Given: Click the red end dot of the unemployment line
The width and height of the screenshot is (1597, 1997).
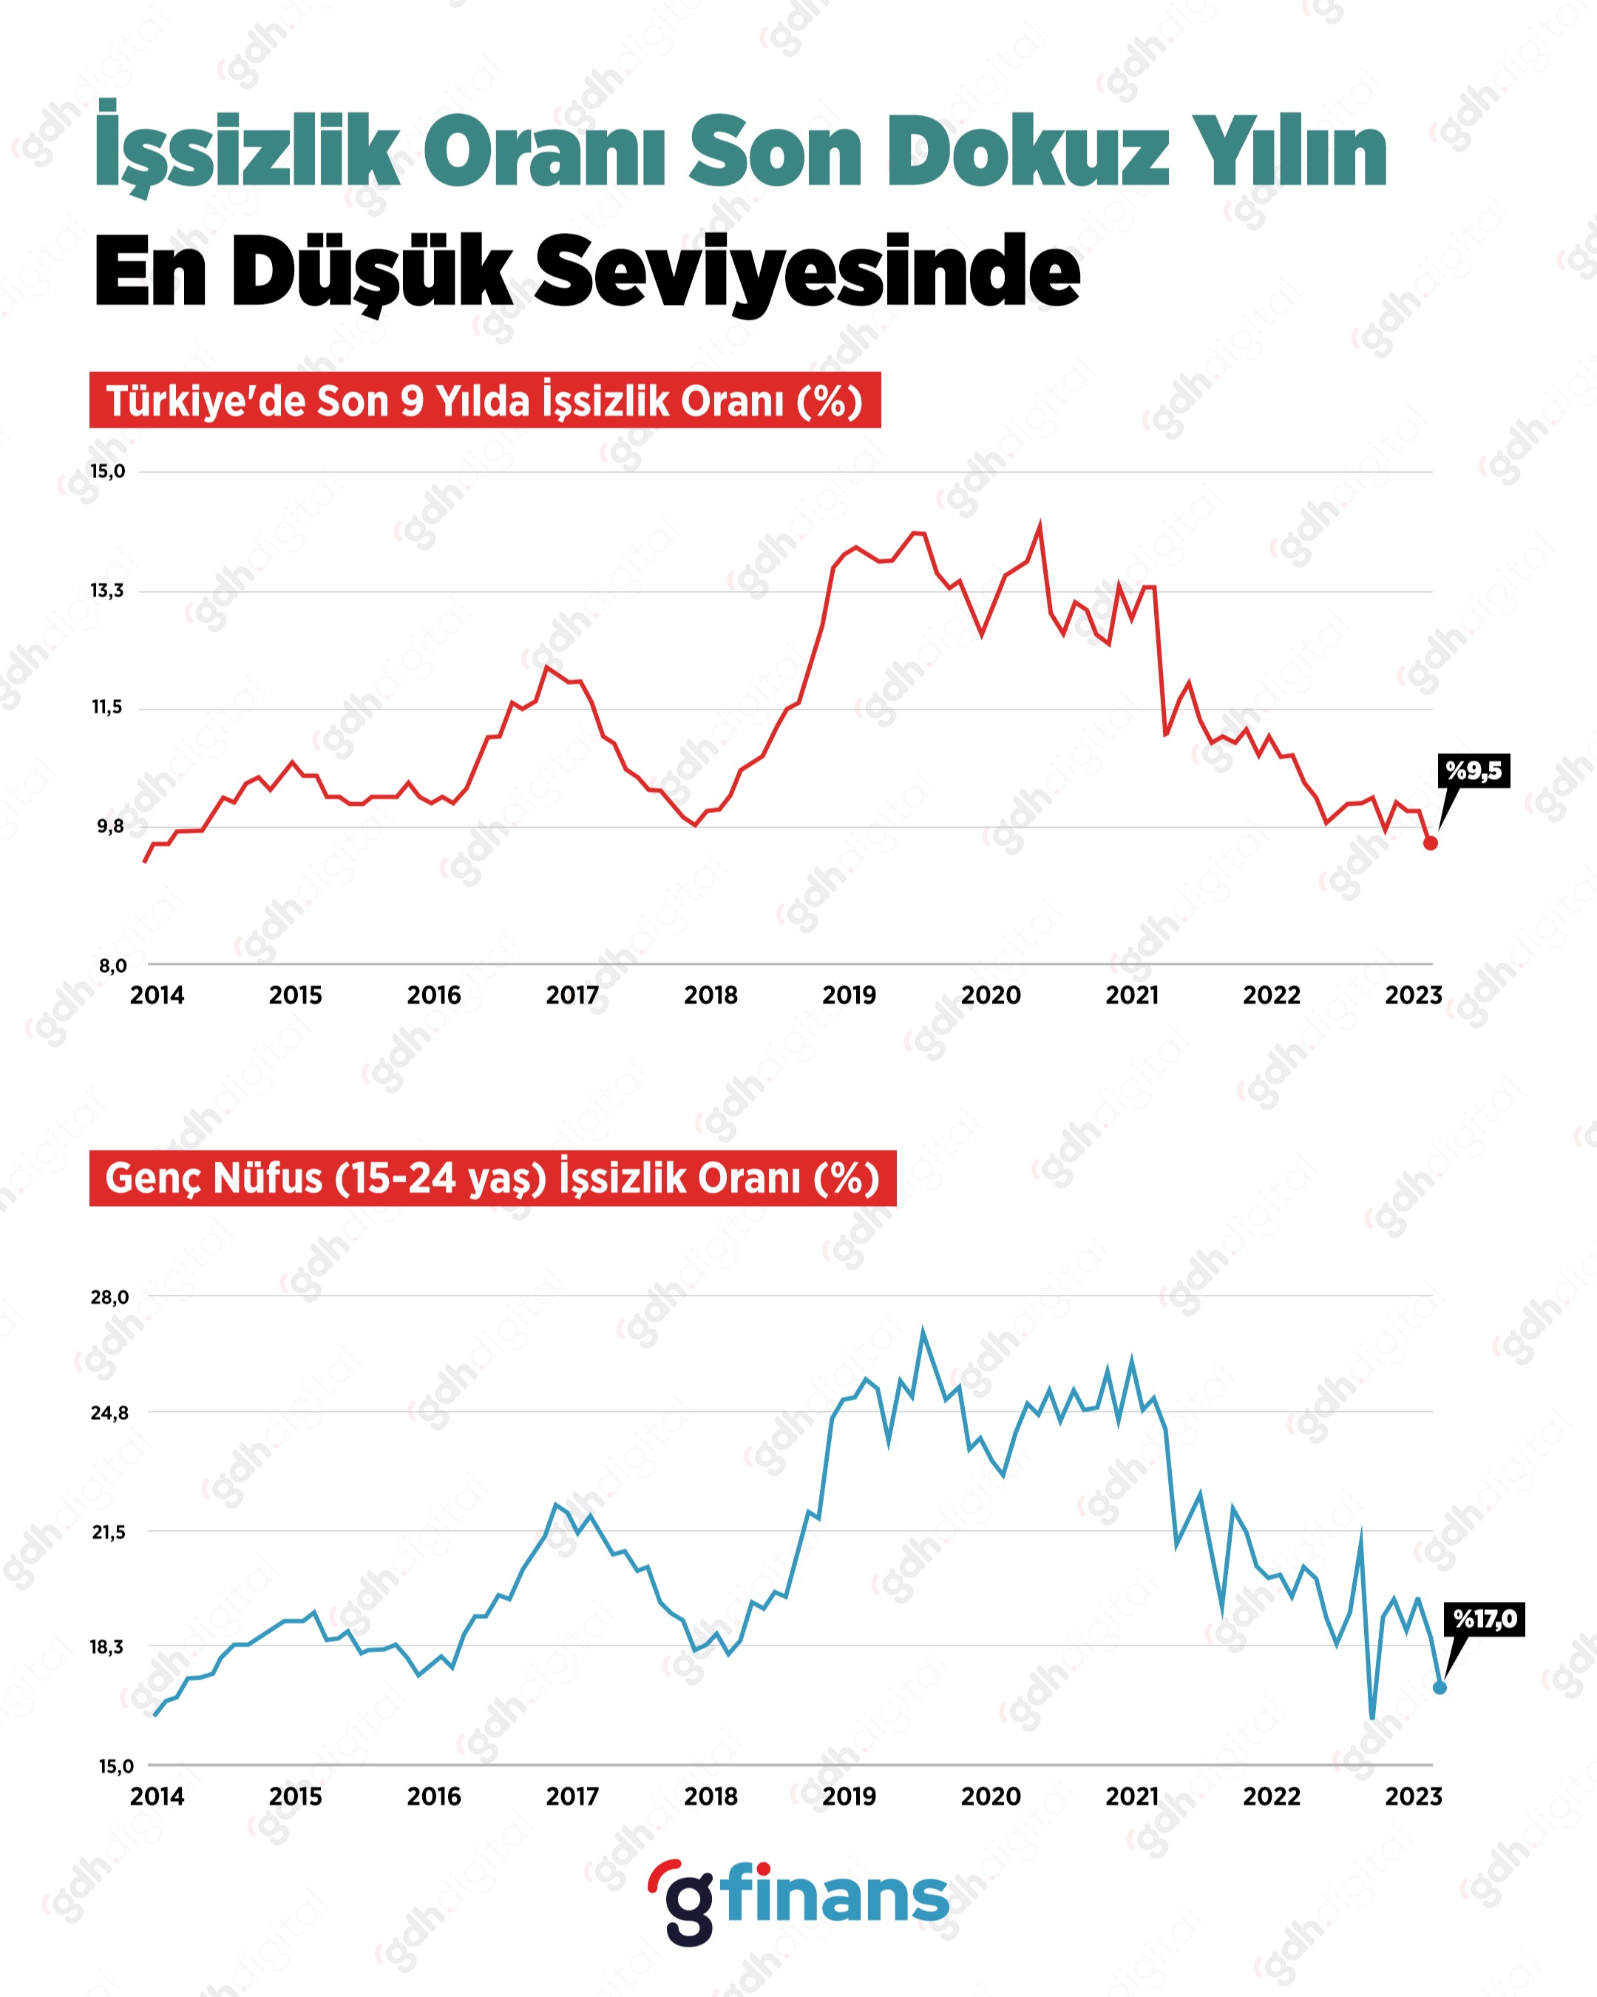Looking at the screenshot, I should pyautogui.click(x=1431, y=843).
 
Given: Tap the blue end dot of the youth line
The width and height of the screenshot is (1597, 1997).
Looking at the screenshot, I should pyautogui.click(x=1440, y=1688).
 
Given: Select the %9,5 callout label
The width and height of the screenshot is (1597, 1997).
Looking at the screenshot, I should pyautogui.click(x=1474, y=771).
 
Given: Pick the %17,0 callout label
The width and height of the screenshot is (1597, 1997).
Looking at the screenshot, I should pyautogui.click(x=1485, y=1619).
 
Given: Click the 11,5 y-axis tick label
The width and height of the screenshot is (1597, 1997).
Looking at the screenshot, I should pyautogui.click(x=106, y=707).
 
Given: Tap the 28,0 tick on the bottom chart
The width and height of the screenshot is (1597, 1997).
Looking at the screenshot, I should pyautogui.click(x=109, y=1298).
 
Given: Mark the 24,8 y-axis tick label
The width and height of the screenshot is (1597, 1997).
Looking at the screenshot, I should pyautogui.click(x=109, y=1413).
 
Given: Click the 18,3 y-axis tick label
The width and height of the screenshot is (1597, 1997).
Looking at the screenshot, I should pyautogui.click(x=106, y=1647).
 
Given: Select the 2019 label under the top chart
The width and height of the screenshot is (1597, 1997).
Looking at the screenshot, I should pyautogui.click(x=849, y=996).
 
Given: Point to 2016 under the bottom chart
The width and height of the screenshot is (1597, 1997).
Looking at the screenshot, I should pyautogui.click(x=434, y=1797).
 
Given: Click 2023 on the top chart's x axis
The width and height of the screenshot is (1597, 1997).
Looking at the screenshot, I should pyautogui.click(x=1413, y=996).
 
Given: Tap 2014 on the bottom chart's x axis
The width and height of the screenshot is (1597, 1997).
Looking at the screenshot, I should pyautogui.click(x=157, y=1797).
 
